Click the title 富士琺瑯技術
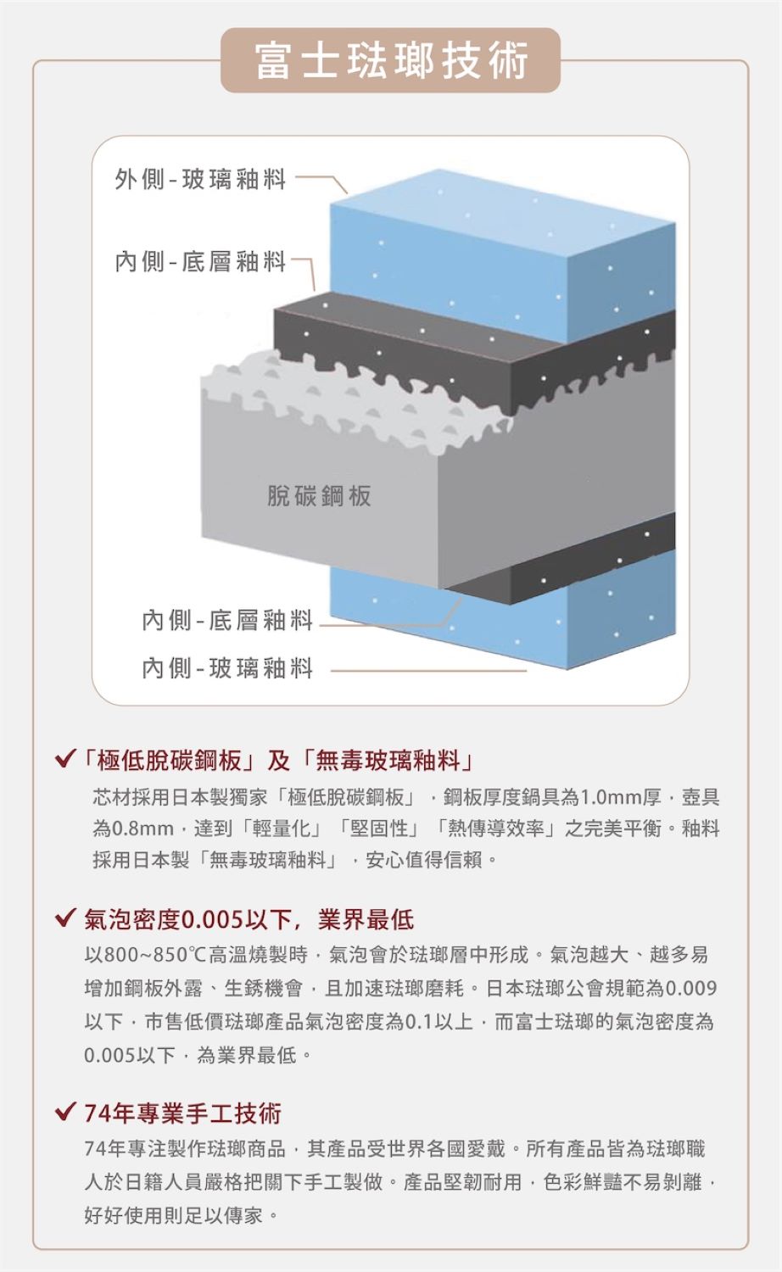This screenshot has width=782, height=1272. point(391,60)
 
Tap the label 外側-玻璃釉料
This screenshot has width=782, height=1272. point(200,180)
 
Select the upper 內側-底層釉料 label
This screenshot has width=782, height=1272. point(200,262)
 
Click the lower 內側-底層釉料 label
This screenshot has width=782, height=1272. point(227,620)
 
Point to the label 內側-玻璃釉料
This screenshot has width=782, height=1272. point(227,668)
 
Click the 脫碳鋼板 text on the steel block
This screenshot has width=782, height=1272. point(319,496)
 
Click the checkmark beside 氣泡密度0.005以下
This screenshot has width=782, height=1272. point(64,918)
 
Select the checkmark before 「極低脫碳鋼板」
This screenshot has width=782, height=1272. point(64,758)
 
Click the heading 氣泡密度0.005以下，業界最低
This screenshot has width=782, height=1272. point(249,919)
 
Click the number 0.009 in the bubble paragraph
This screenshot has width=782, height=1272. point(690,988)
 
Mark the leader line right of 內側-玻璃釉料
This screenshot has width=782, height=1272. point(429,671)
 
